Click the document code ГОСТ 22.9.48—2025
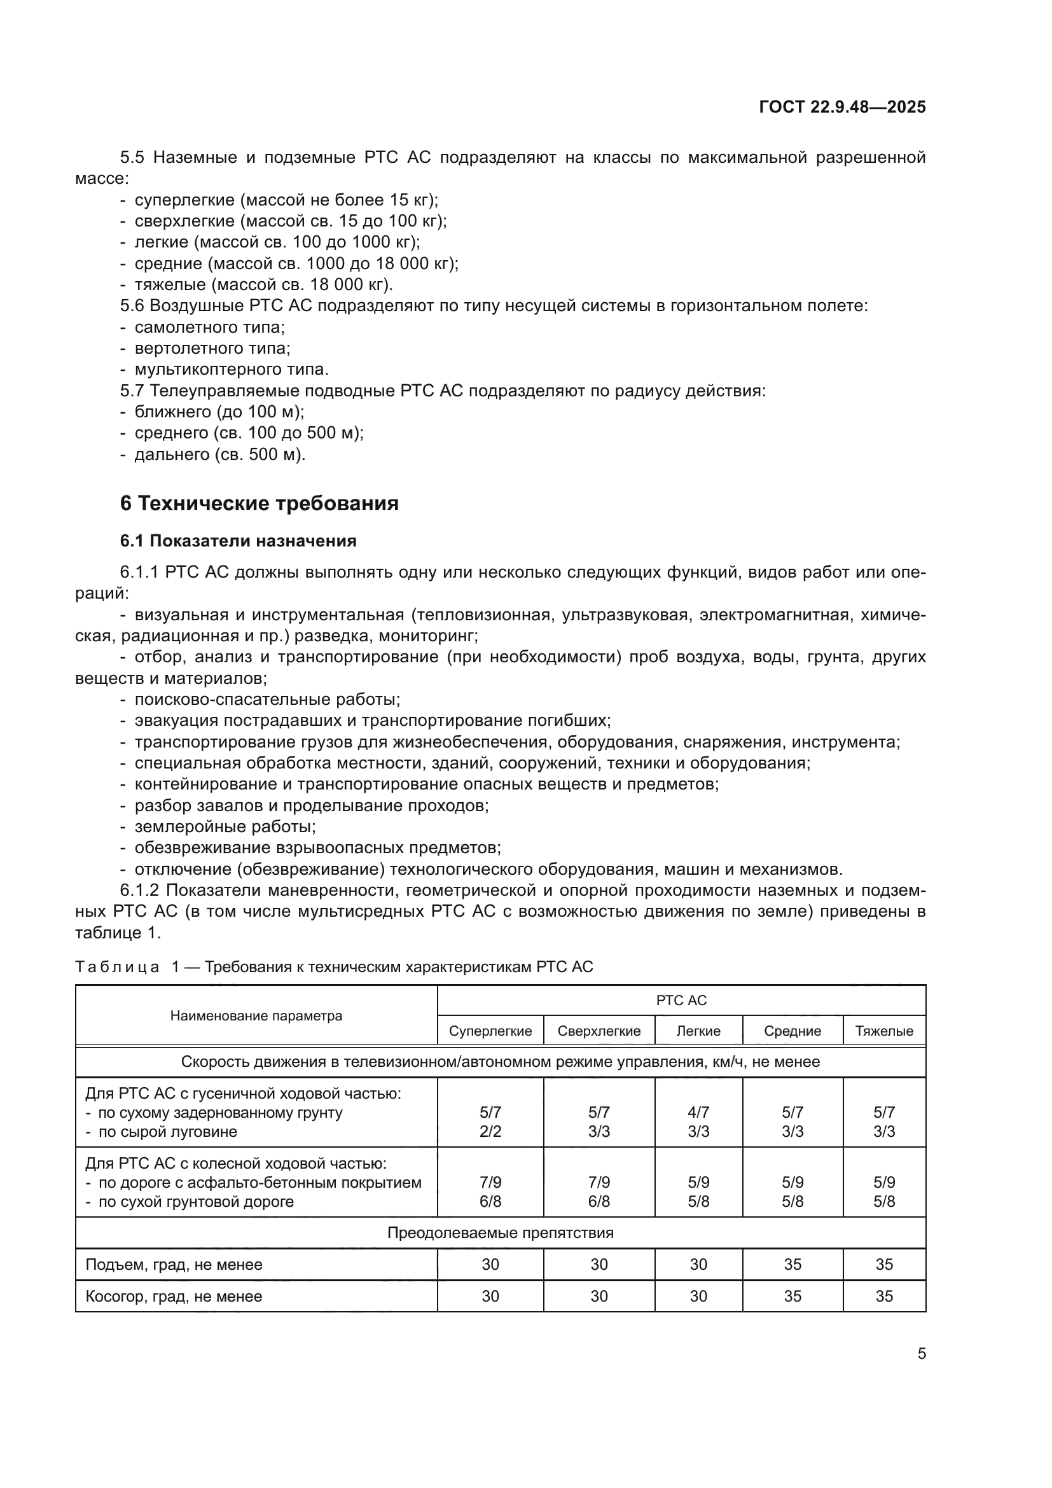[x=842, y=107]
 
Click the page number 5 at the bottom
[x=921, y=1353]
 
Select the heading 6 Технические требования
[x=259, y=504]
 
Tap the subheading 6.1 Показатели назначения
[x=239, y=541]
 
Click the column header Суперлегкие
[x=490, y=1031]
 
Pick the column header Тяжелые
[x=883, y=1031]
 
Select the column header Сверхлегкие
[x=599, y=1031]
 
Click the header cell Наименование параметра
[x=256, y=1015]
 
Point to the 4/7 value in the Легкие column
[x=698, y=1112]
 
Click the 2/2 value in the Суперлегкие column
[x=490, y=1132]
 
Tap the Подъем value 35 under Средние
[x=792, y=1265]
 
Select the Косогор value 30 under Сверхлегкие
[x=599, y=1296]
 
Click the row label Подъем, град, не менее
[x=174, y=1265]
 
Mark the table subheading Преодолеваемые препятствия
[x=500, y=1233]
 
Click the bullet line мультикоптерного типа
[x=232, y=370]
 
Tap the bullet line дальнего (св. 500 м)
[x=219, y=454]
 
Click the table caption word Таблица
[x=117, y=967]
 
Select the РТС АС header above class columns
[x=681, y=1000]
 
